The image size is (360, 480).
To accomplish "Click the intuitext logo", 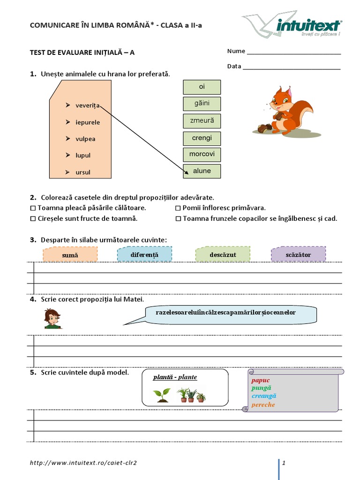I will (292, 26).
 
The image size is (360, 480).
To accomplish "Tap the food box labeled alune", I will (202, 172).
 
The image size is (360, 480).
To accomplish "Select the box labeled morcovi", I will (202, 155).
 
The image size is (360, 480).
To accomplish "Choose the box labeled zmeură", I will (202, 121).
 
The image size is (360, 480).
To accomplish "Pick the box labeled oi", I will (202, 87).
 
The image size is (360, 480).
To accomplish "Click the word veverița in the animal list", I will (88, 105).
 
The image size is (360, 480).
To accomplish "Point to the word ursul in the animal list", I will (83, 172).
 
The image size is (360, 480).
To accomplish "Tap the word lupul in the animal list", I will (83, 155).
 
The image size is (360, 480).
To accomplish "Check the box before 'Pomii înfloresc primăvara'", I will (178, 208).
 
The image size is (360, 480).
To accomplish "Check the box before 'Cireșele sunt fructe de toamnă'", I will (33, 219).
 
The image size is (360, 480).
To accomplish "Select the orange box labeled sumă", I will (70, 255).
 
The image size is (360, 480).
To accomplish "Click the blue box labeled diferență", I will (144, 254).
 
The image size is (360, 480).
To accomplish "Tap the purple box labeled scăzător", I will (298, 254).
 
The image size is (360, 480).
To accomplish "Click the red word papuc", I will (261, 380).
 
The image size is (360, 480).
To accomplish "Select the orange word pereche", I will (263, 405).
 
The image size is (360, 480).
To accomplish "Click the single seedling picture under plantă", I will (162, 395).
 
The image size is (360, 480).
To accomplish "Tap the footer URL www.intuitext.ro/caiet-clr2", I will (83, 463).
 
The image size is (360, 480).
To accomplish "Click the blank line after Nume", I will (293, 54).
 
